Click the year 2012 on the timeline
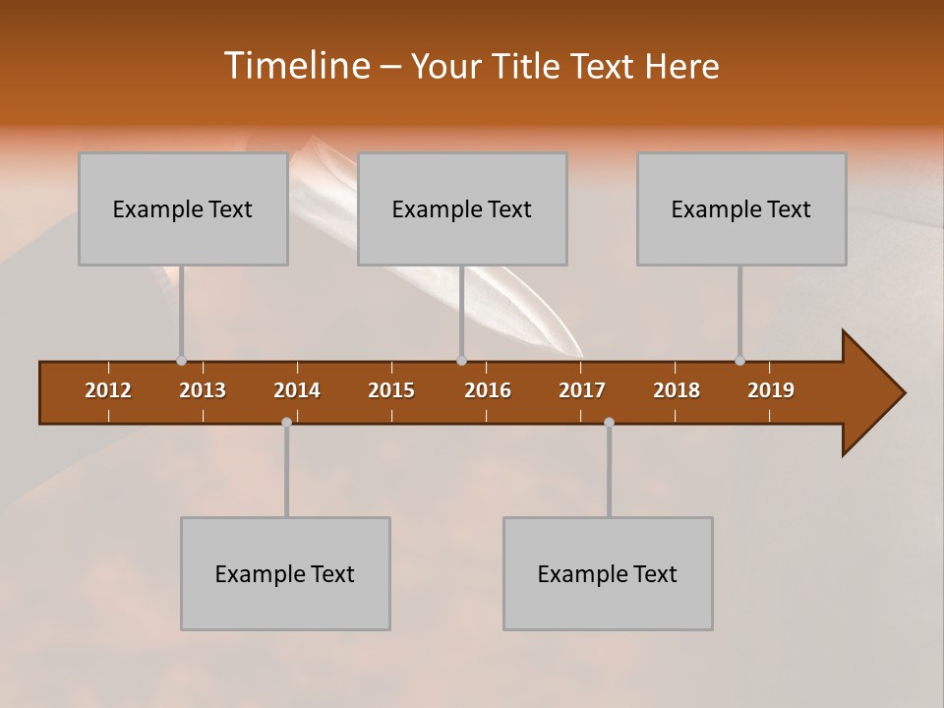108,390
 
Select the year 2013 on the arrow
203,390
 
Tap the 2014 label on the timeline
297,390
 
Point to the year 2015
391,390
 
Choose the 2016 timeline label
488,390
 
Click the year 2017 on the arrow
582,390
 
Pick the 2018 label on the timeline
677,390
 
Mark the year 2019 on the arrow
771,390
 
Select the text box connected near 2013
183,208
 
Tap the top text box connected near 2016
462,208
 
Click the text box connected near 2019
741,208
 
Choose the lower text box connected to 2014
285,573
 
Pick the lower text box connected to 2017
608,573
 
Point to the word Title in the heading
531,66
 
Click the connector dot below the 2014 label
286,422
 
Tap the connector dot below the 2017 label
609,422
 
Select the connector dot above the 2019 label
739,360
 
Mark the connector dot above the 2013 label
181,360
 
